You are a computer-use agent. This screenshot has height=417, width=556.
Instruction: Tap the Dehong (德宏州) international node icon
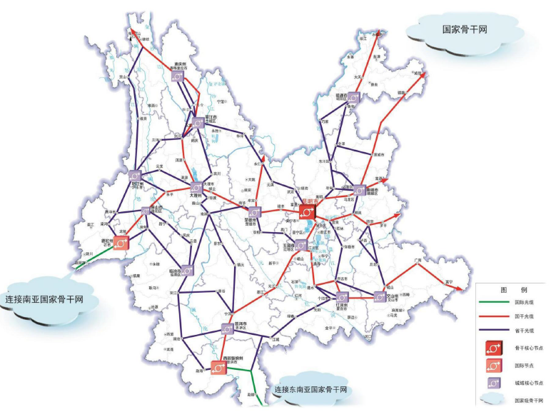(121, 243)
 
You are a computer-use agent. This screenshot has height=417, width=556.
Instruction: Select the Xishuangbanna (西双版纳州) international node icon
(218, 367)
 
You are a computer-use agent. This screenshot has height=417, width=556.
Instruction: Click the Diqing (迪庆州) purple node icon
(180, 75)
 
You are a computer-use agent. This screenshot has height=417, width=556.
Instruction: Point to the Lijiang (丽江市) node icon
(196, 124)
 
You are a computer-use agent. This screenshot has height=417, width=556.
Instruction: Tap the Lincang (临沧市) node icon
(187, 271)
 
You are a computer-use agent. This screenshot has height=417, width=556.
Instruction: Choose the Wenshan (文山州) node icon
(378, 296)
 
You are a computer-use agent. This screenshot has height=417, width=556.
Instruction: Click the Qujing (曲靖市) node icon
(359, 190)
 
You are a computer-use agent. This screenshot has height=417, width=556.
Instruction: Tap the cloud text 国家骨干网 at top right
(463, 30)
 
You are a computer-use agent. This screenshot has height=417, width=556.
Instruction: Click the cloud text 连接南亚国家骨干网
(44, 299)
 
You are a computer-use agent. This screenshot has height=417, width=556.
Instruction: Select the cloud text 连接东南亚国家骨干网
(311, 391)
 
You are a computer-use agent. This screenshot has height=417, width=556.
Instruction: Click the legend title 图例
(513, 291)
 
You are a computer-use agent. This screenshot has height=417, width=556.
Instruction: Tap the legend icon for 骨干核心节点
(494, 347)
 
